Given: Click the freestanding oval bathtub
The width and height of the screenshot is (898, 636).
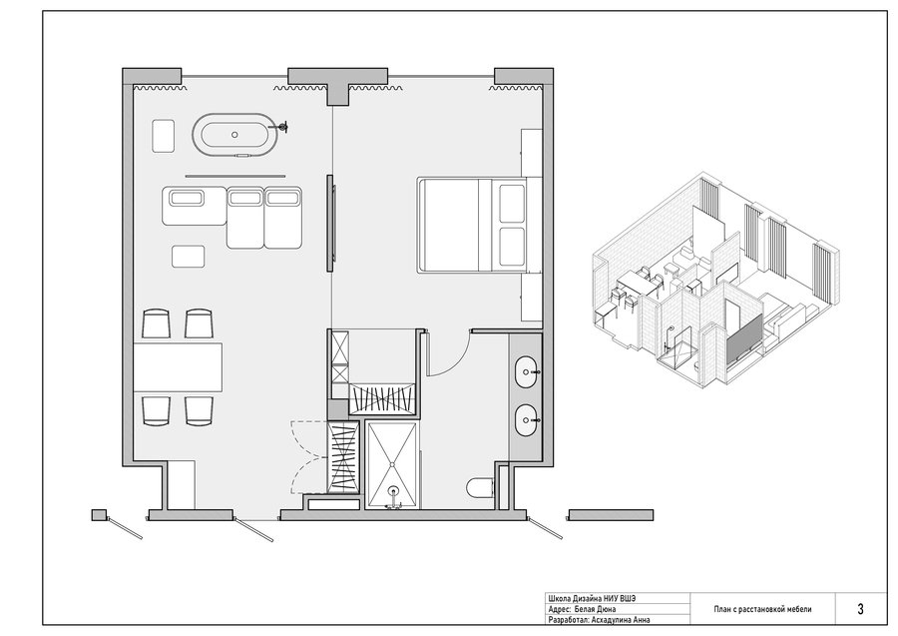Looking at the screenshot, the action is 234,134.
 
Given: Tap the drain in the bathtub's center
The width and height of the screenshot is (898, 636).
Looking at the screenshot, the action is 234,134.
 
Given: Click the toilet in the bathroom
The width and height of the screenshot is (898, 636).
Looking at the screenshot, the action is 480,487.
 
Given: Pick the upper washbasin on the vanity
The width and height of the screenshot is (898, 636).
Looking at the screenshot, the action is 526,372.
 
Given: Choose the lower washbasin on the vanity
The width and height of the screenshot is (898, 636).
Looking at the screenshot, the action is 526,420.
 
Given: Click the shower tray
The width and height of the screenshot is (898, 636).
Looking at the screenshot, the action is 393,465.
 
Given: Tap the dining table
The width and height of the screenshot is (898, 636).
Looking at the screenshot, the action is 178,367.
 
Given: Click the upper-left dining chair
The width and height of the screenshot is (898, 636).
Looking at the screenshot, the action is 156,323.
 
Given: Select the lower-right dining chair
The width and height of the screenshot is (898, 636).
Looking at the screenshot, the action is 200,410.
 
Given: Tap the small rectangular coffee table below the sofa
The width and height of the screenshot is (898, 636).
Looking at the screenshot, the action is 189,257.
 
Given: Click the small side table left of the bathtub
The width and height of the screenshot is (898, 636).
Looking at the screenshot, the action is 164,135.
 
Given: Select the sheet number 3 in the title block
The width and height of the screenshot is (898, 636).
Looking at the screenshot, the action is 860,609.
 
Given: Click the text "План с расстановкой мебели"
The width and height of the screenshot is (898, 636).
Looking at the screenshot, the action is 762,609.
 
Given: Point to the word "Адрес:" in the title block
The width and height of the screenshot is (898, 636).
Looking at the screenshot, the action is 559,609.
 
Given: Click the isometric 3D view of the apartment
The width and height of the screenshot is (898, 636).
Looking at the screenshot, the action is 715,278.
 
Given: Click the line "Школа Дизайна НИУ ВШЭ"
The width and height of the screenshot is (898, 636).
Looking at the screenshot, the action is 592,599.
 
